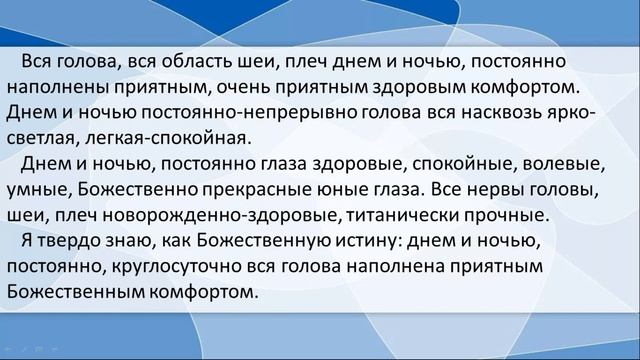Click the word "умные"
(37, 187)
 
